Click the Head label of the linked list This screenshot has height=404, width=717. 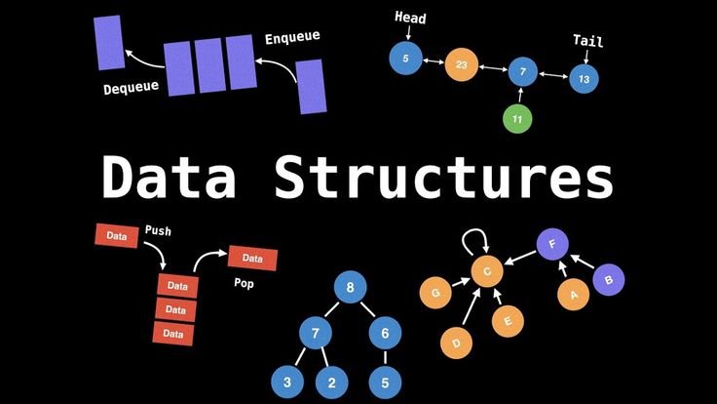(410, 18)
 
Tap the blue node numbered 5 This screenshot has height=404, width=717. (404, 59)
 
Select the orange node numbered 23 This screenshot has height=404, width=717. (461, 65)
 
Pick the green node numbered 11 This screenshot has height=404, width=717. (518, 119)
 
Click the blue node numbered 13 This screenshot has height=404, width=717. (584, 77)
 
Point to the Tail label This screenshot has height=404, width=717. (587, 41)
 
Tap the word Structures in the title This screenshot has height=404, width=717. (444, 178)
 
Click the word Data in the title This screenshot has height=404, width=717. (170, 178)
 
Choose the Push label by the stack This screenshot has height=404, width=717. (159, 231)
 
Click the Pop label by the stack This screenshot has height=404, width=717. (244, 284)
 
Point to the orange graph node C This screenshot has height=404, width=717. (486, 270)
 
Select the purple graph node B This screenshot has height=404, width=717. (609, 280)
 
